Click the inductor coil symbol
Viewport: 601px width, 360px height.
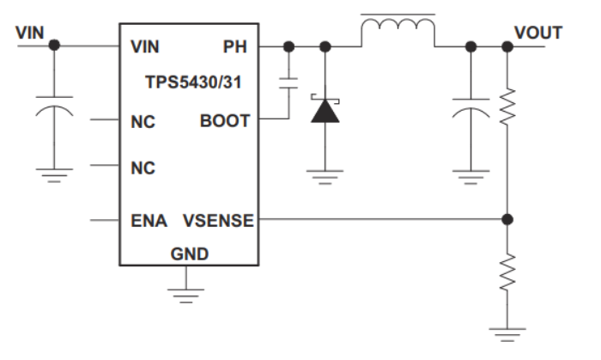click(398, 31)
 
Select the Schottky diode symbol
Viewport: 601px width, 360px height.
click(324, 111)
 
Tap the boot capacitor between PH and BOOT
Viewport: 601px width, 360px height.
click(289, 83)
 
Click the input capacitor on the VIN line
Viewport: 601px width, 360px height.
click(56, 111)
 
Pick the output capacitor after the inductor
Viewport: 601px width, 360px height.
click(470, 111)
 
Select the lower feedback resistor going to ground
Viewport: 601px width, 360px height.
click(508, 272)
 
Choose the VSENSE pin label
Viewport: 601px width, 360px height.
click(218, 221)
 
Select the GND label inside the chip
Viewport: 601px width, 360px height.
click(189, 254)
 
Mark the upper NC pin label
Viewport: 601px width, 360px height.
click(143, 121)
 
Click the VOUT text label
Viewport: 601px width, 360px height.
click(538, 33)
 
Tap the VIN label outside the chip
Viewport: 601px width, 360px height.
click(29, 32)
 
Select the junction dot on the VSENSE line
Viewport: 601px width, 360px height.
click(508, 220)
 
